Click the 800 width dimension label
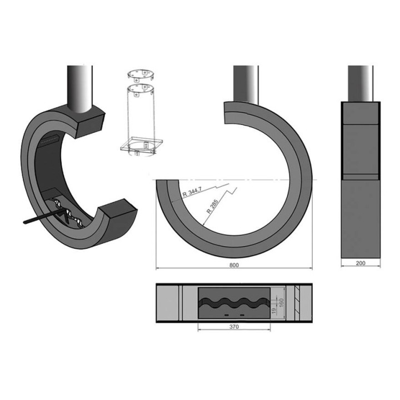click(234, 265)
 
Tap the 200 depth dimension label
click(361, 263)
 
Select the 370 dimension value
click(234, 327)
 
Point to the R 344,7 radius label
click(192, 192)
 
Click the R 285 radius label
click(212, 206)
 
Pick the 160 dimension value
click(281, 303)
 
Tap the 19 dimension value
click(274, 311)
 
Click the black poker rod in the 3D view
click(43, 216)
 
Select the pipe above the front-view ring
click(246, 84)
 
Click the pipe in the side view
click(361, 84)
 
